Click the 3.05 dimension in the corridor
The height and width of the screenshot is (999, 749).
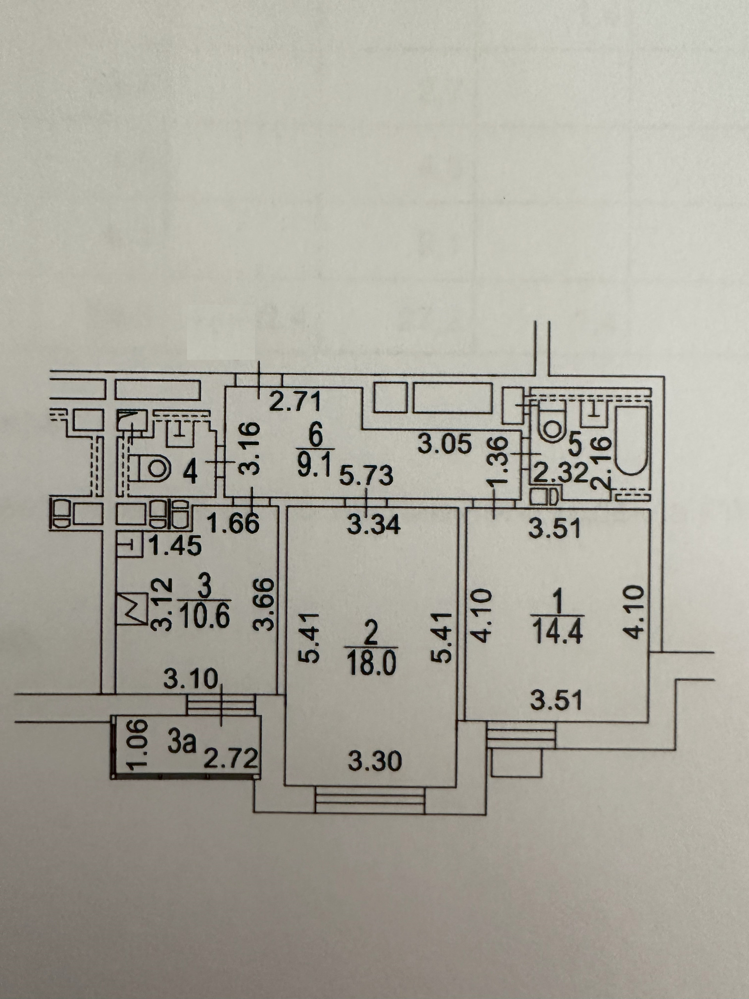tap(444, 444)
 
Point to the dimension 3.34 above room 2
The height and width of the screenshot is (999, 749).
tap(374, 525)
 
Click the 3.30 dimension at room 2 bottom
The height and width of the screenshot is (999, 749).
tap(375, 762)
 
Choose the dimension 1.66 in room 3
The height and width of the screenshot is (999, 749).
tap(233, 523)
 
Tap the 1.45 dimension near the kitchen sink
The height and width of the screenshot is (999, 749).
tap(175, 546)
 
